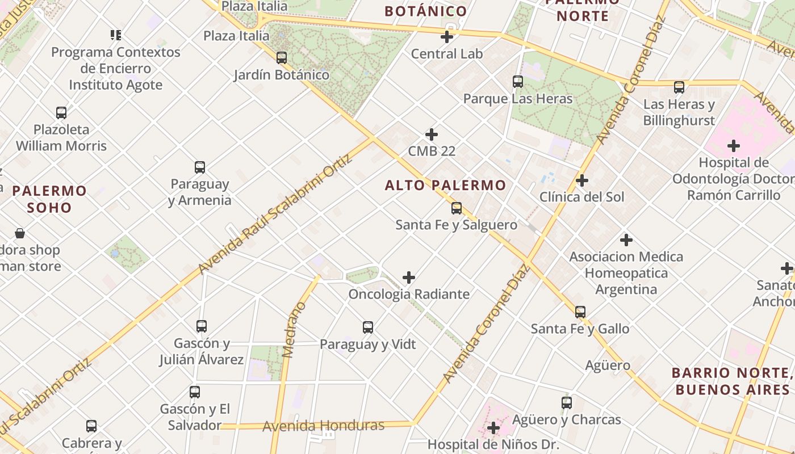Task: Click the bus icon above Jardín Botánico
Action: pos(281,57)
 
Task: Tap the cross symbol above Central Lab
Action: pos(447,37)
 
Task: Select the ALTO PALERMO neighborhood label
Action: pos(445,185)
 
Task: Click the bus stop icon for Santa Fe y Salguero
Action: pos(457,208)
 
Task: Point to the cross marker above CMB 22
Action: pos(432,134)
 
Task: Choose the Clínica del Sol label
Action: pos(581,197)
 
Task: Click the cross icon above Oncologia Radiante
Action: pos(409,278)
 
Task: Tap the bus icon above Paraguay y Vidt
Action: pos(368,327)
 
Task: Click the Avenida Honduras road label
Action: pos(323,426)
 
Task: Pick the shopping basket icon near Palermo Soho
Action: pos(20,233)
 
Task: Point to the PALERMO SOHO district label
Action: pos(50,199)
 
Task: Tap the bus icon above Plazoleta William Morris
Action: pos(61,112)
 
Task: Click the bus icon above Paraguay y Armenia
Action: pos(200,167)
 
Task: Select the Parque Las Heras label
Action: pos(518,99)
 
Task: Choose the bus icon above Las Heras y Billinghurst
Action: pos(679,87)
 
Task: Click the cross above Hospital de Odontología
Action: pos(734,146)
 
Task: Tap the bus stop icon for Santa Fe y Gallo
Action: pos(580,312)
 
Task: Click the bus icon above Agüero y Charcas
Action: pos(567,403)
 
